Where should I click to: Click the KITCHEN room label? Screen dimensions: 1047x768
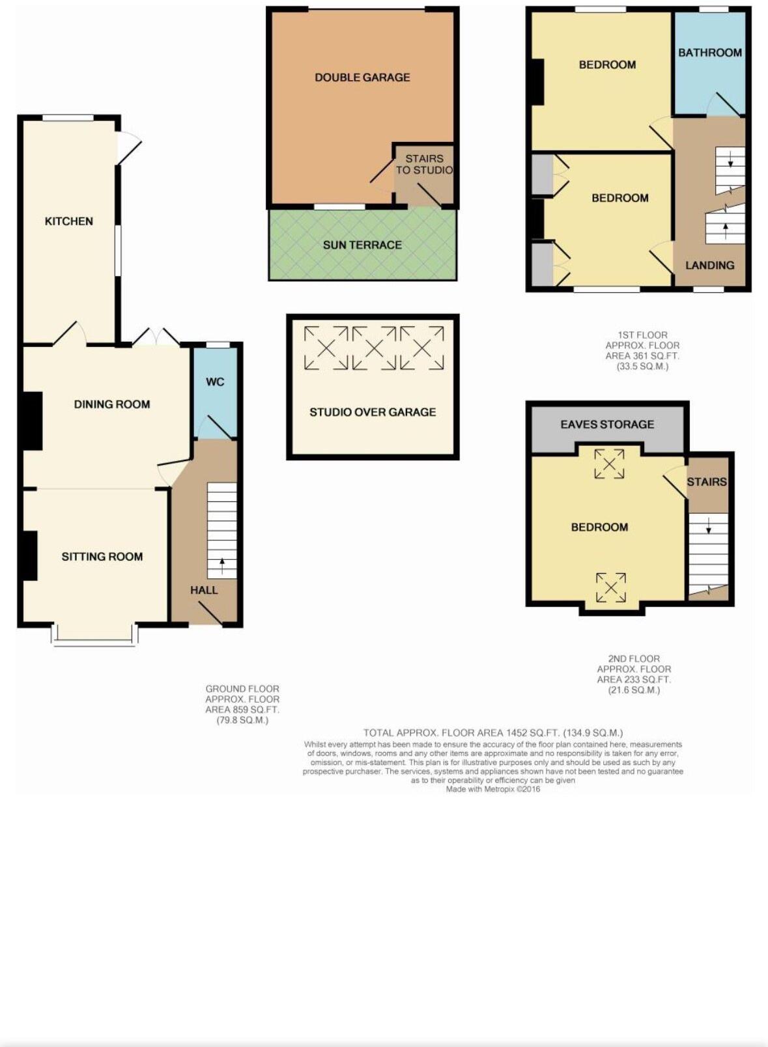coord(68,221)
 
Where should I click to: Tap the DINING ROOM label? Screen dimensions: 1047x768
coord(112,404)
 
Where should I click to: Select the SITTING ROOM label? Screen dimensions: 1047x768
coord(102,557)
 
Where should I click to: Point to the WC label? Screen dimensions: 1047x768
coord(215,382)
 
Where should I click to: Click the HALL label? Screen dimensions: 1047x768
coord(204,591)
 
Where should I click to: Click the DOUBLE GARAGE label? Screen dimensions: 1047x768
coord(362,77)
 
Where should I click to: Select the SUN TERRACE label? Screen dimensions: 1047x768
coord(362,245)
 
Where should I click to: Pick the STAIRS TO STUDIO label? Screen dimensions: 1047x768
coord(424,164)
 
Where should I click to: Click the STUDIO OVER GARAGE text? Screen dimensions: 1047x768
coord(373,412)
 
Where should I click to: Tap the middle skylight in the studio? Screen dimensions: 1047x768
coord(373,348)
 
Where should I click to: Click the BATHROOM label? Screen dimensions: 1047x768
coord(710,53)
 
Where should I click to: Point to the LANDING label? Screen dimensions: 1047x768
coord(709,266)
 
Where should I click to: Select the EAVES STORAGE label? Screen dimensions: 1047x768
coord(607,425)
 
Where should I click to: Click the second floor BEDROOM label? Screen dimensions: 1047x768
coord(599,527)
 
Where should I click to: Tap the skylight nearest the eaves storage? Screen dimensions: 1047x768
coord(609,464)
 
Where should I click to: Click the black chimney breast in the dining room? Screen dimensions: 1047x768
coord(33,421)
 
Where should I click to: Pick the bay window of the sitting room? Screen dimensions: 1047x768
coord(95,641)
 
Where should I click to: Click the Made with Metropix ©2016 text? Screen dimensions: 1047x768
coord(493,789)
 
